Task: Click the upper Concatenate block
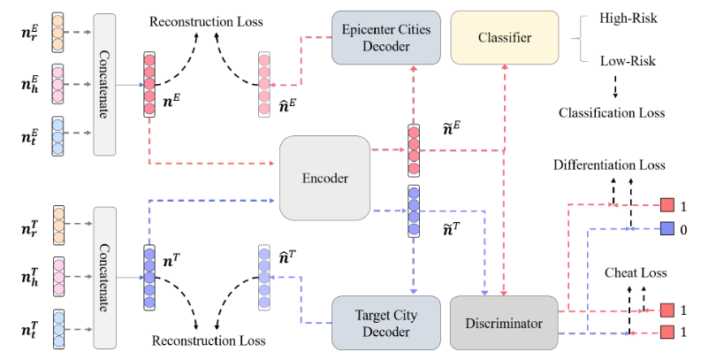[104, 84]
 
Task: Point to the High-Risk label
[628, 19]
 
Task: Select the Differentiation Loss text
[609, 165]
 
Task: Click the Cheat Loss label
[629, 273]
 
